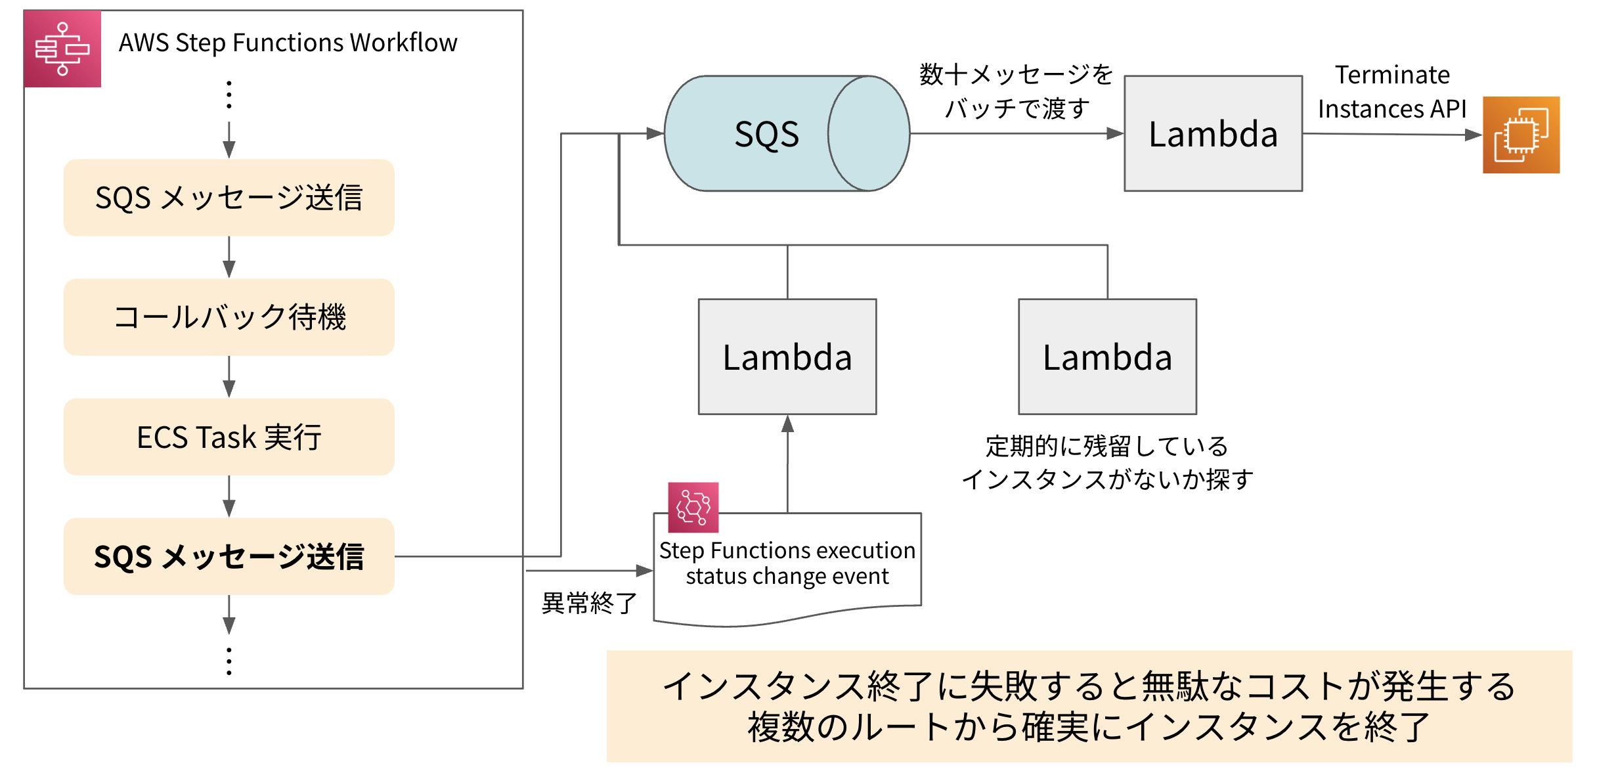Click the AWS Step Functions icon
pyautogui.click(x=62, y=49)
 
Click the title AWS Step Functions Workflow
pyautogui.click(x=288, y=43)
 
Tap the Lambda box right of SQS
pyautogui.click(x=1212, y=134)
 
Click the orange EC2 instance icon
pyautogui.click(x=1520, y=135)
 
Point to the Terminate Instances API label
pyautogui.click(x=1391, y=92)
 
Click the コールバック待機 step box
pyautogui.click(x=229, y=317)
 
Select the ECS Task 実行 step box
pyautogui.click(x=229, y=437)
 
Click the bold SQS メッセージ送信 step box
pyautogui.click(x=229, y=556)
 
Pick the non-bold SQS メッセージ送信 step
pyautogui.click(x=229, y=198)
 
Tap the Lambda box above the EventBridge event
pyautogui.click(x=787, y=357)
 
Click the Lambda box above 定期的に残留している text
pyautogui.click(x=1107, y=357)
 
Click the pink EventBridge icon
pyautogui.click(x=693, y=507)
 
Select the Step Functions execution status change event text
pyautogui.click(x=787, y=563)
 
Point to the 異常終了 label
pyautogui.click(x=589, y=603)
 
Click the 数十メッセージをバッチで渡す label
pyautogui.click(x=1017, y=92)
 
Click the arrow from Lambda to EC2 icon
pyautogui.click(x=1391, y=135)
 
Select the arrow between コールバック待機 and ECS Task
pyautogui.click(x=229, y=377)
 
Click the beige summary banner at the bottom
pyautogui.click(x=1089, y=706)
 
